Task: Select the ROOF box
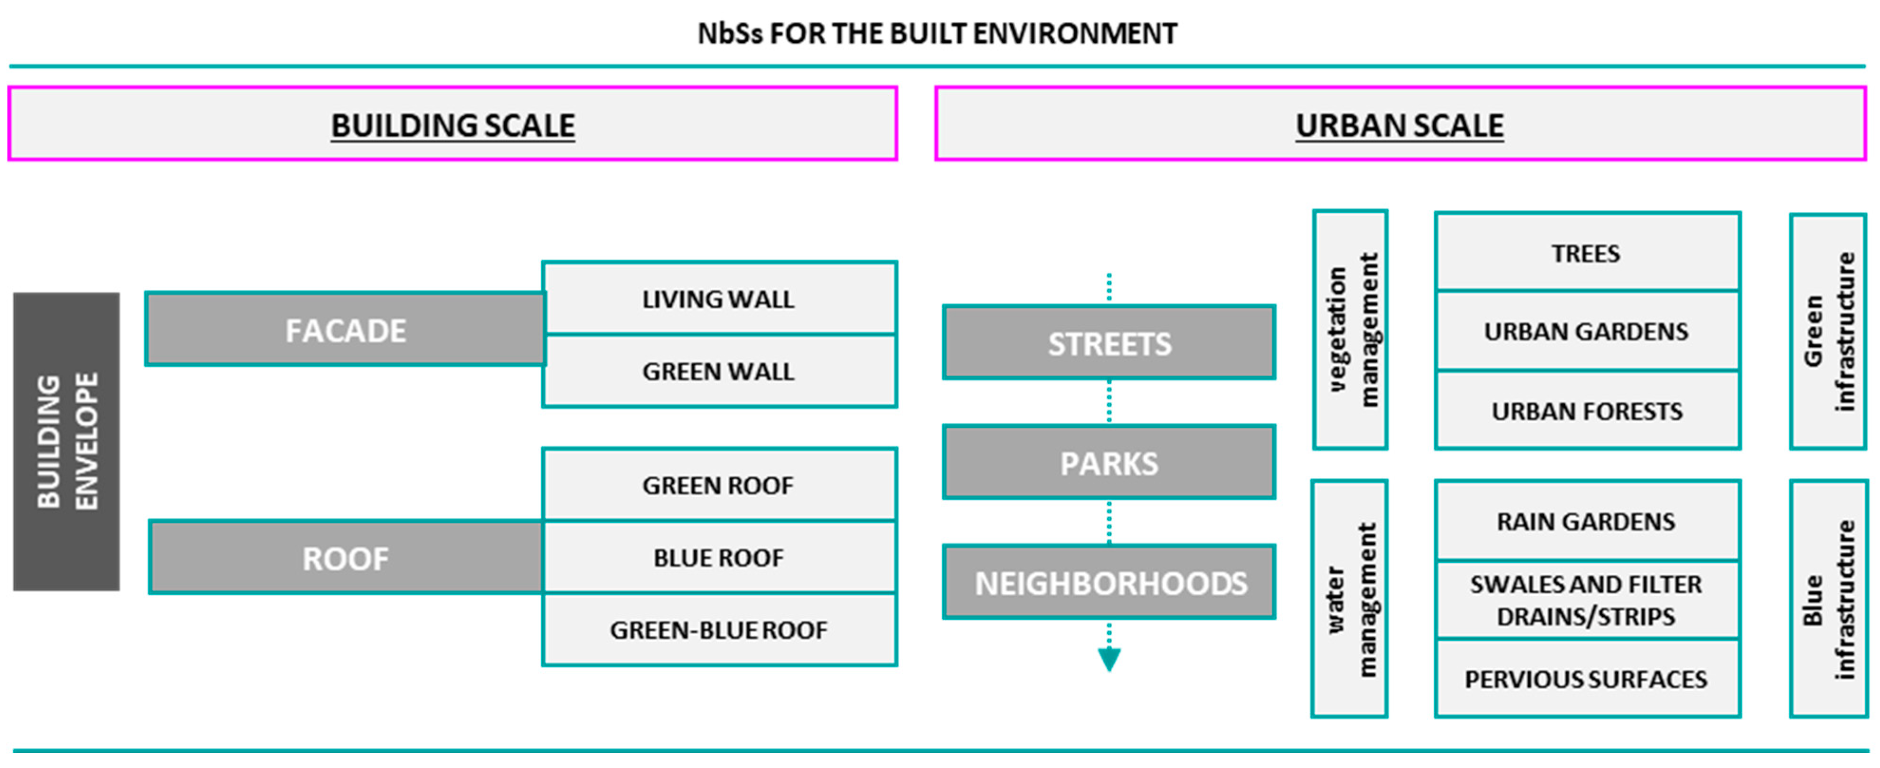point(345,558)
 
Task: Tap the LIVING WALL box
point(718,299)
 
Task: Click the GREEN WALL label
point(718,371)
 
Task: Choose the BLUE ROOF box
point(718,558)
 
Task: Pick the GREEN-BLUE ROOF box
point(718,629)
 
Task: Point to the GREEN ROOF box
point(718,485)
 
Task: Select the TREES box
point(1587,253)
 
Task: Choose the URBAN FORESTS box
point(1587,410)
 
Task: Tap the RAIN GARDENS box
point(1587,521)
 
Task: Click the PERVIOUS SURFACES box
point(1587,678)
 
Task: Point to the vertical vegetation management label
point(1351,330)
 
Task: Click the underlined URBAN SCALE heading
point(1399,125)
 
